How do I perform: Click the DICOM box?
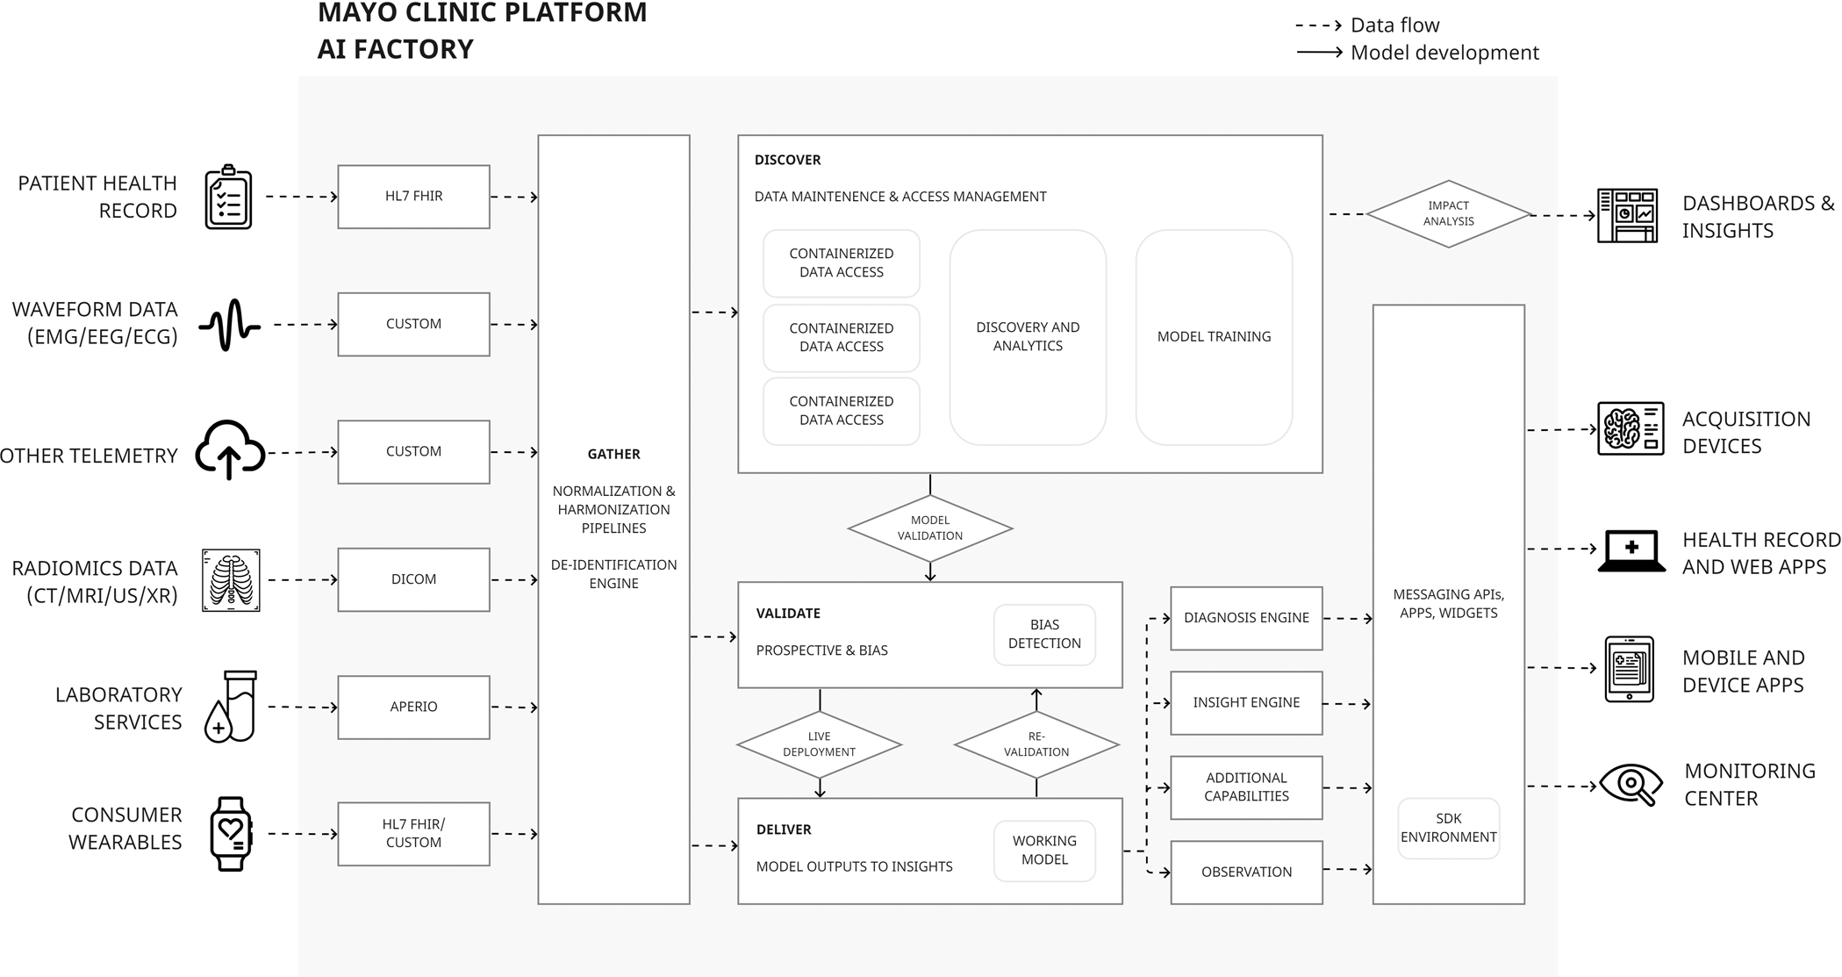[x=413, y=579]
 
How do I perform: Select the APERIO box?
[x=413, y=707]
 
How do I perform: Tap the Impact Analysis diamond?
[x=1448, y=213]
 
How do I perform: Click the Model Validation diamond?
[x=930, y=528]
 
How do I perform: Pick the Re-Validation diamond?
[x=1036, y=744]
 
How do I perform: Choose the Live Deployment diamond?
[x=819, y=744]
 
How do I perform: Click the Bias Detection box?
[x=1044, y=634]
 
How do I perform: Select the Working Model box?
[x=1044, y=850]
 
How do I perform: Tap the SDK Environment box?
[x=1448, y=828]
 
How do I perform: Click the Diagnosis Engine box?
[x=1246, y=618]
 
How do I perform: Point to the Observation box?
[x=1246, y=872]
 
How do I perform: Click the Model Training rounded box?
[x=1214, y=337]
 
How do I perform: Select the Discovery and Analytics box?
[x=1028, y=337]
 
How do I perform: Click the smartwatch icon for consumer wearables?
[x=231, y=833]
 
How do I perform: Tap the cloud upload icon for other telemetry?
[x=230, y=449]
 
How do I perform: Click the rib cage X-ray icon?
[x=231, y=579]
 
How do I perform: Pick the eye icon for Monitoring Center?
[x=1631, y=784]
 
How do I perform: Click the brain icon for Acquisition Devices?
[x=1630, y=429]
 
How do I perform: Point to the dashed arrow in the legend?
[x=1318, y=25]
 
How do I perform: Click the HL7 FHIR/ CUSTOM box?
[x=413, y=833]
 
